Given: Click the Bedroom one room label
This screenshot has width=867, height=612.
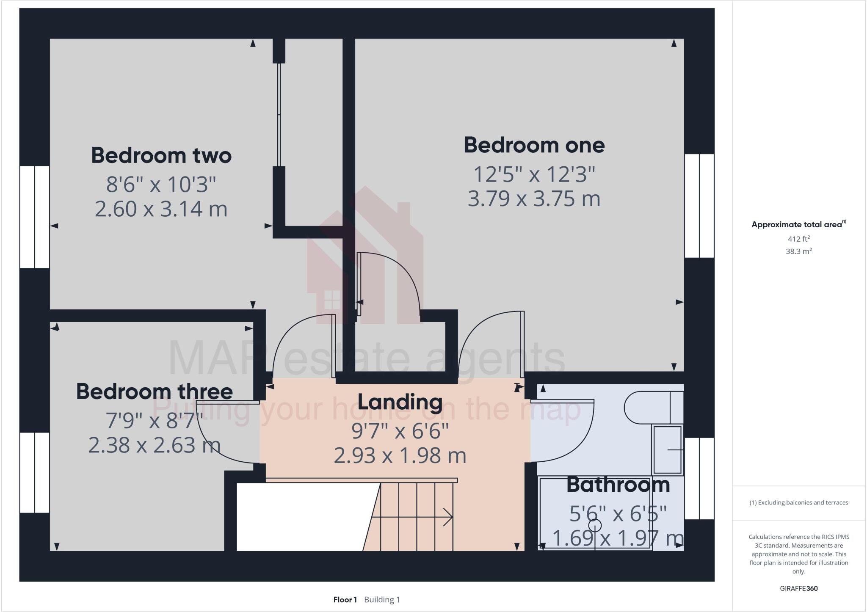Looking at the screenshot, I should pyautogui.click(x=534, y=146).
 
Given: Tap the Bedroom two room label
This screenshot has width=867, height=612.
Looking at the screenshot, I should pyautogui.click(x=161, y=155).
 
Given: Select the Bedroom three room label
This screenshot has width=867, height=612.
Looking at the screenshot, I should pyautogui.click(x=154, y=391).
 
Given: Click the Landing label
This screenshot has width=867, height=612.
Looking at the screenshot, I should pyautogui.click(x=400, y=402).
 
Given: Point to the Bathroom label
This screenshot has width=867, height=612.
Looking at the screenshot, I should pyautogui.click(x=618, y=485).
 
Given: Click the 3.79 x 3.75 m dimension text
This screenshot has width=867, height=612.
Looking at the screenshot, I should pyautogui.click(x=534, y=198).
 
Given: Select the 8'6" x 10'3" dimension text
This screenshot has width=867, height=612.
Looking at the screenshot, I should pyautogui.click(x=161, y=185).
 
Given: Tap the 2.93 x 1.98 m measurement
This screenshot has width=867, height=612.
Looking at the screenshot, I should pyautogui.click(x=400, y=456).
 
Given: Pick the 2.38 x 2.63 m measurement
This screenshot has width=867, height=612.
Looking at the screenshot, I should pyautogui.click(x=154, y=445).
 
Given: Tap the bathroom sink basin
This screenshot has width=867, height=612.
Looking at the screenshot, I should pyautogui.click(x=668, y=449).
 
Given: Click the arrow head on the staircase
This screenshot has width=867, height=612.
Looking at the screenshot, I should pyautogui.click(x=448, y=517).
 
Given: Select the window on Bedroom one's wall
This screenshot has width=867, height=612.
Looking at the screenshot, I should pyautogui.click(x=699, y=206).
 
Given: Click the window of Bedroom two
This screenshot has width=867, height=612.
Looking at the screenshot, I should pyautogui.click(x=35, y=217).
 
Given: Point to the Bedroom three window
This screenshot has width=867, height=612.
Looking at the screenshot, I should pyautogui.click(x=35, y=472).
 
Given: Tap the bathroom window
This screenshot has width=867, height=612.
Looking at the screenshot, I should pyautogui.click(x=699, y=478).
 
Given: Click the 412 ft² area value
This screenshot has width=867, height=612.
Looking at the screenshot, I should pyautogui.click(x=798, y=239).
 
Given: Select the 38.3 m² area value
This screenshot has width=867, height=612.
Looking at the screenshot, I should pyautogui.click(x=798, y=251).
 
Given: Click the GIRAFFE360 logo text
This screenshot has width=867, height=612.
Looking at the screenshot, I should pyautogui.click(x=798, y=588).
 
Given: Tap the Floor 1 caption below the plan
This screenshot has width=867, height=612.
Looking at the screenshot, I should pyautogui.click(x=345, y=600).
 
